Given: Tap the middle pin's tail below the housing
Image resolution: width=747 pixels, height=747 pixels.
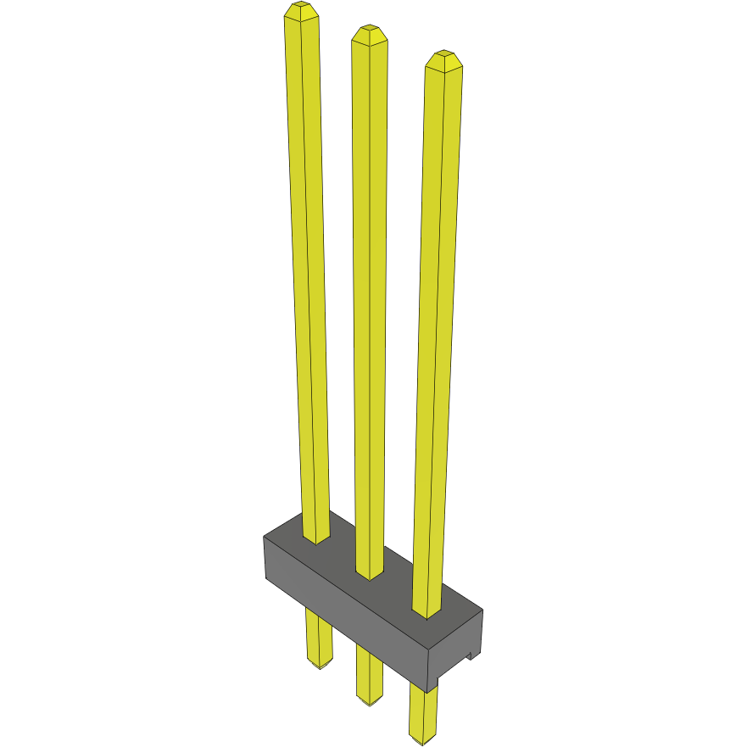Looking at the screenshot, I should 370,674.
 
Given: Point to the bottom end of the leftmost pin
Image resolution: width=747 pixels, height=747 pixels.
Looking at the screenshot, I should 320,666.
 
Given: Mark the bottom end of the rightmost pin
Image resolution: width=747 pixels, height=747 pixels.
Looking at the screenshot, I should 421,743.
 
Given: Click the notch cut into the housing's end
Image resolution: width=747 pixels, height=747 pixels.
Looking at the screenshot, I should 469,654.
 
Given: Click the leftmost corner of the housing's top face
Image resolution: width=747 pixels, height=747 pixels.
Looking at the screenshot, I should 264,537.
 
